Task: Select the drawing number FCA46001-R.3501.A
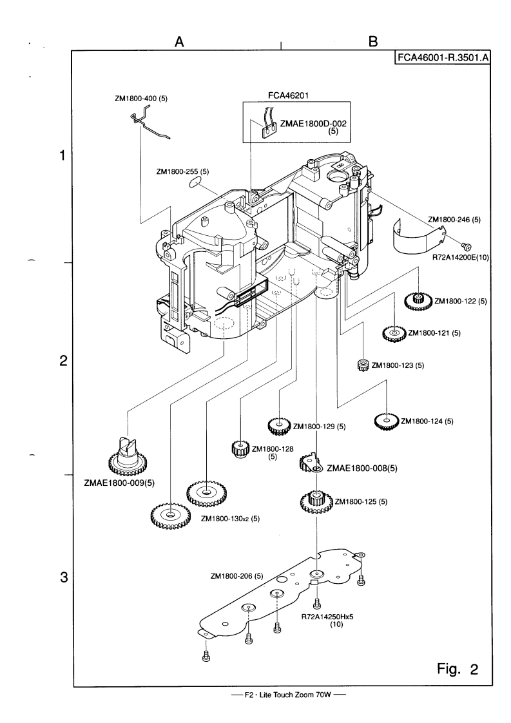[x=443, y=59]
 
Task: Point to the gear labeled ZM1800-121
[x=393, y=333]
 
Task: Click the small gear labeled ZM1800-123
[x=362, y=365]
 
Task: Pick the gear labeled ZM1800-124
[x=386, y=421]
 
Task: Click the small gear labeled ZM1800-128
[x=240, y=448]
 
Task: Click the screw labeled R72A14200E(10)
[x=468, y=245]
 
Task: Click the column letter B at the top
[x=372, y=41]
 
